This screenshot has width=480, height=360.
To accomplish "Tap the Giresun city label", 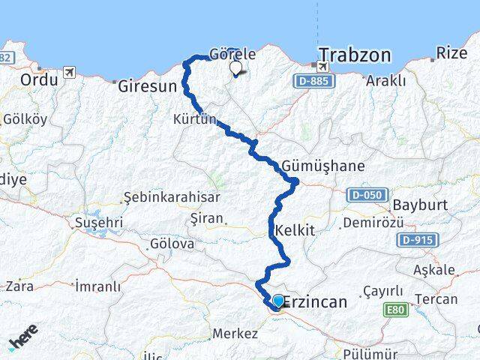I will click(147, 86).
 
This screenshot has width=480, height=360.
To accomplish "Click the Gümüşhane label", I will click(323, 166).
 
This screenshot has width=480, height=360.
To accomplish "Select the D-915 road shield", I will click(415, 239).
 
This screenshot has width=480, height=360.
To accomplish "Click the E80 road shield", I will click(395, 308).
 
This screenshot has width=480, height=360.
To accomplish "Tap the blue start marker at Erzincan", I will click(278, 301).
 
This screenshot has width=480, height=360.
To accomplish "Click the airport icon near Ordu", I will click(70, 72).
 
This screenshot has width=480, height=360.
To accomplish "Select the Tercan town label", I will click(439, 299).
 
